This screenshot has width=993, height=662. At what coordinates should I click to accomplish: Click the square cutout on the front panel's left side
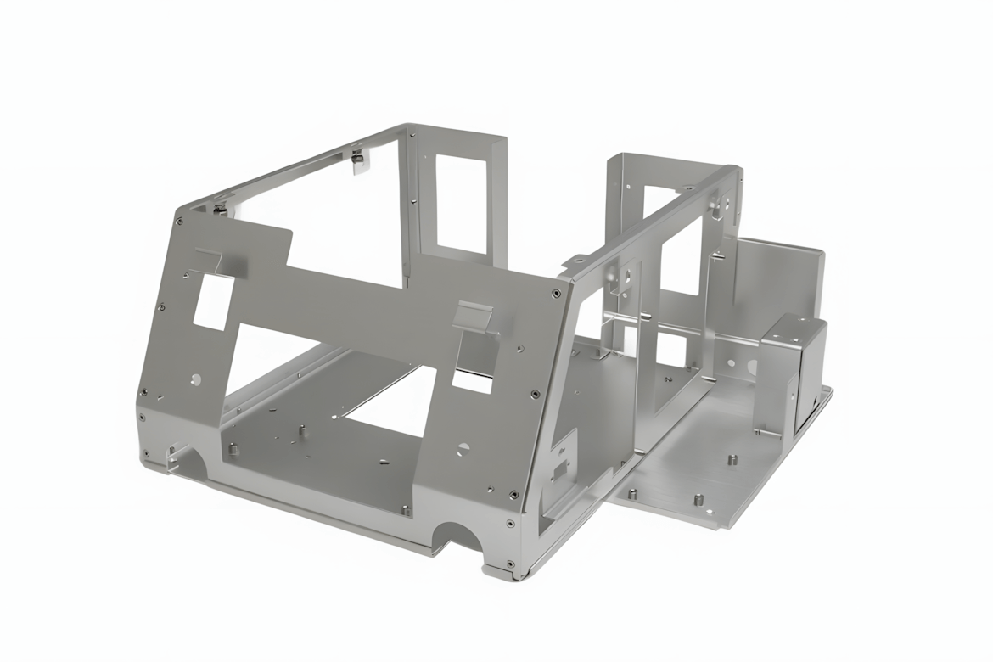(x=213, y=300)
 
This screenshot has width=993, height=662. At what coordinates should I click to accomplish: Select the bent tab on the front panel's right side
(x=474, y=318)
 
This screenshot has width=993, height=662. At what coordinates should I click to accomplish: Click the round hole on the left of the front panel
(x=196, y=379)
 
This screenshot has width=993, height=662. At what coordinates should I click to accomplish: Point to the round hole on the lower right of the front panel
(x=463, y=447)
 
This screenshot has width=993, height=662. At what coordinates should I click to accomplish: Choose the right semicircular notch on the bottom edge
(x=457, y=536)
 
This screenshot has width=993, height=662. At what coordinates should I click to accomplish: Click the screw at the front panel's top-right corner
(x=555, y=295)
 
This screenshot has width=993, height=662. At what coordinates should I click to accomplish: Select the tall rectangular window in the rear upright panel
(x=461, y=204)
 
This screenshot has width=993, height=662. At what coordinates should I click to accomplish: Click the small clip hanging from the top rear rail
(x=360, y=160)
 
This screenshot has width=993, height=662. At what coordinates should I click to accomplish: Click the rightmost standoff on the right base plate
(x=732, y=461)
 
